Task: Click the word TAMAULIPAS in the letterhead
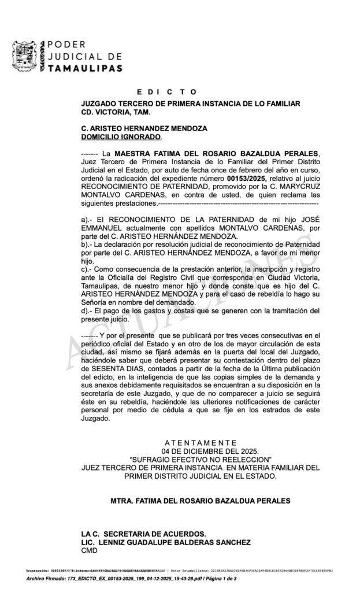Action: pyautogui.click(x=84, y=68)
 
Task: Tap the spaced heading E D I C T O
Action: pyautogui.click(x=167, y=92)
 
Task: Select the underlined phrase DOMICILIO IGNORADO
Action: pyautogui.click(x=121, y=137)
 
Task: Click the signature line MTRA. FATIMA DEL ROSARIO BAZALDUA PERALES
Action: pyautogui.click(x=200, y=501)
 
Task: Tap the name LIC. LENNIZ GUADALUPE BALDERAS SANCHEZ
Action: pyautogui.click(x=166, y=542)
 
